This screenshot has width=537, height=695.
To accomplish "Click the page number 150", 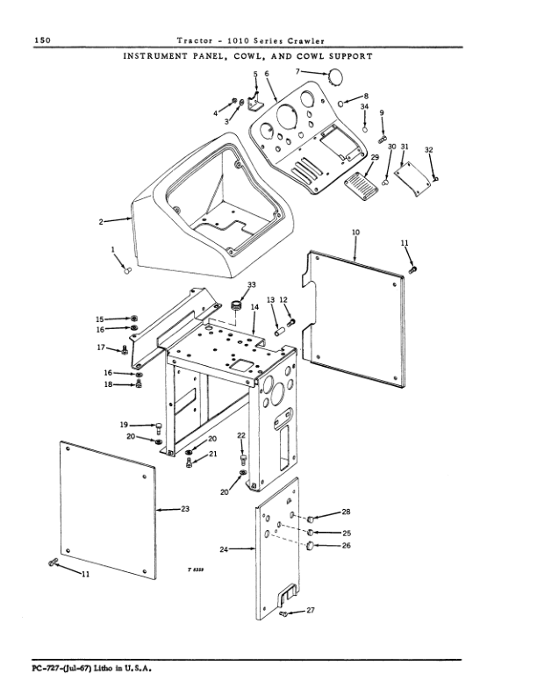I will point(41,40).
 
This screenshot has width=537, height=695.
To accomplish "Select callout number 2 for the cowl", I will point(102,221).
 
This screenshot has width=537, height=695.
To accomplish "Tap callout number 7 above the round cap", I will point(297,71).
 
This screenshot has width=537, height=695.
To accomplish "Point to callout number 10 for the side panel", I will point(355,232).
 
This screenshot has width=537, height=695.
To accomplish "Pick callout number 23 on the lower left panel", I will point(185,508).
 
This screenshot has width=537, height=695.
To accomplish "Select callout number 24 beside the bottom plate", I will point(224,549).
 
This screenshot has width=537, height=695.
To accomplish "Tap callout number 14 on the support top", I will point(254,308).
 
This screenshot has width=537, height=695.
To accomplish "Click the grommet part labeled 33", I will point(236,306).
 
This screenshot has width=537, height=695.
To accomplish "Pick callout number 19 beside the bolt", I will point(125,425).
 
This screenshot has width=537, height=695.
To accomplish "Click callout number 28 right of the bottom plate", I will point(346,512).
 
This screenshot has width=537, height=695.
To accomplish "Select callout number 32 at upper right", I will point(428,150).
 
